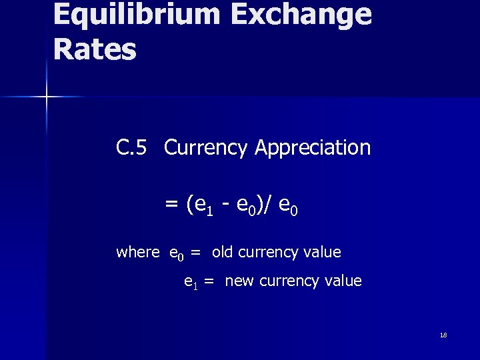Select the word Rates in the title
click(x=94, y=49)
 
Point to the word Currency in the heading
click(x=205, y=147)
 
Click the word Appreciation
click(x=312, y=147)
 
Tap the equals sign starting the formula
click(x=171, y=203)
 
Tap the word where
click(x=137, y=253)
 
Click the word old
click(x=223, y=253)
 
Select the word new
click(x=239, y=281)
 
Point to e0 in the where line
click(x=176, y=254)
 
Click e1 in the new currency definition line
click(x=190, y=283)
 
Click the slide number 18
click(x=443, y=335)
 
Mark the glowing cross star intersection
click(x=47, y=97)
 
